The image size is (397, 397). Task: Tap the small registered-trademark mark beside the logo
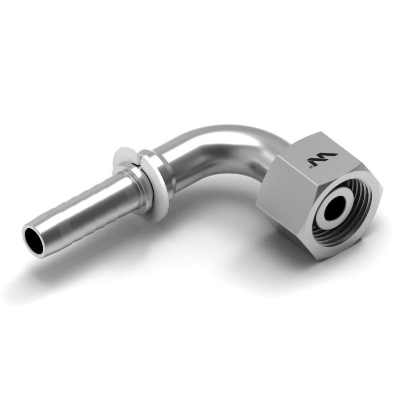(311, 168)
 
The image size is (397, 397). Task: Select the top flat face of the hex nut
(323, 154)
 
